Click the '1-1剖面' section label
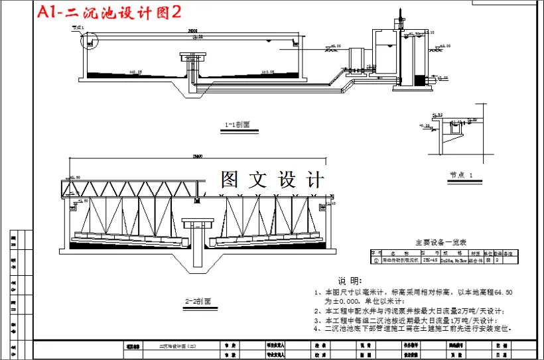(x=237, y=124)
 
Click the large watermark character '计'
(x=314, y=180)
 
